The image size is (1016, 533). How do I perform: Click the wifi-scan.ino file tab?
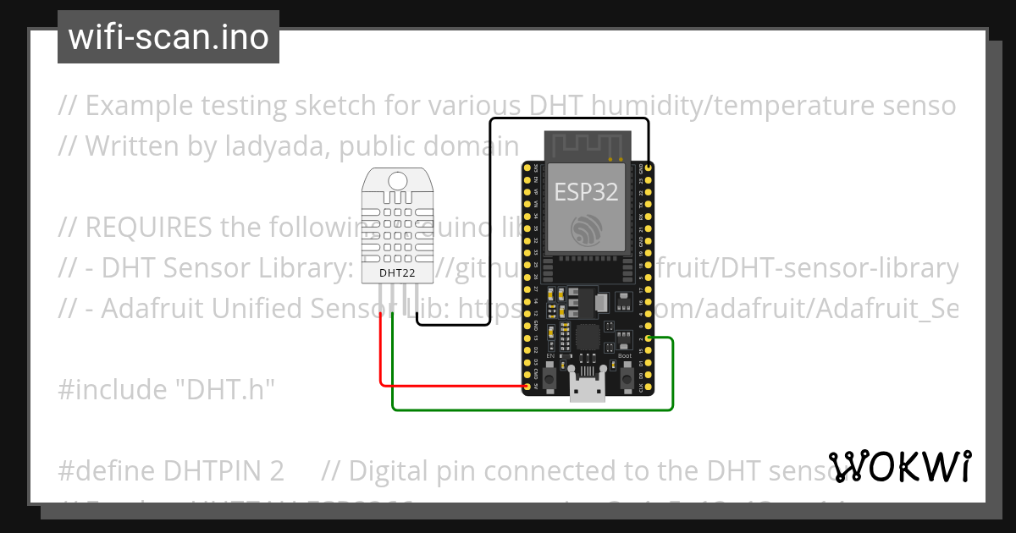pyautogui.click(x=168, y=37)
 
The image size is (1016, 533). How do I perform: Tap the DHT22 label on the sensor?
pyautogui.click(x=396, y=272)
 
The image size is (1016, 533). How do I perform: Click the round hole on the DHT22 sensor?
pyautogui.click(x=396, y=179)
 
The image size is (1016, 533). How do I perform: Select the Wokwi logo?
pyautogui.click(x=900, y=466)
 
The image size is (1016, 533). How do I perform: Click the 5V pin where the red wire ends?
pyautogui.click(x=527, y=387)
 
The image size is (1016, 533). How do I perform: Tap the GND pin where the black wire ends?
pyautogui.click(x=649, y=168)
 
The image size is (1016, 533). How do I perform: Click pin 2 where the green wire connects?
pyautogui.click(x=649, y=338)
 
